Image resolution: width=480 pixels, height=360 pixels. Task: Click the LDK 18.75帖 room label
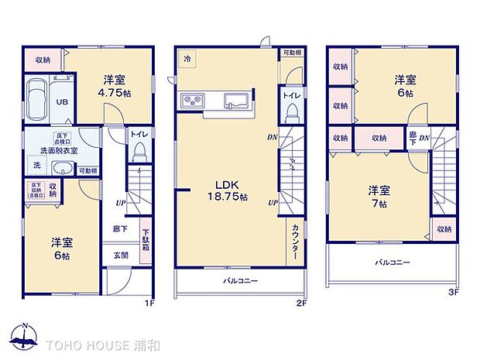click(x=231, y=191)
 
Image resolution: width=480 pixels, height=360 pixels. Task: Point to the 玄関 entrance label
click(x=122, y=256)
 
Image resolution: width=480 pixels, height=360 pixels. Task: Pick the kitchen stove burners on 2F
click(x=193, y=100)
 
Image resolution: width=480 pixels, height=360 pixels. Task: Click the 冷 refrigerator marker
click(x=187, y=58)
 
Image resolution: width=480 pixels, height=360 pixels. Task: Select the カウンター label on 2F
click(x=296, y=245)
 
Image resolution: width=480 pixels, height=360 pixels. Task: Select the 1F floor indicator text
click(x=150, y=303)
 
